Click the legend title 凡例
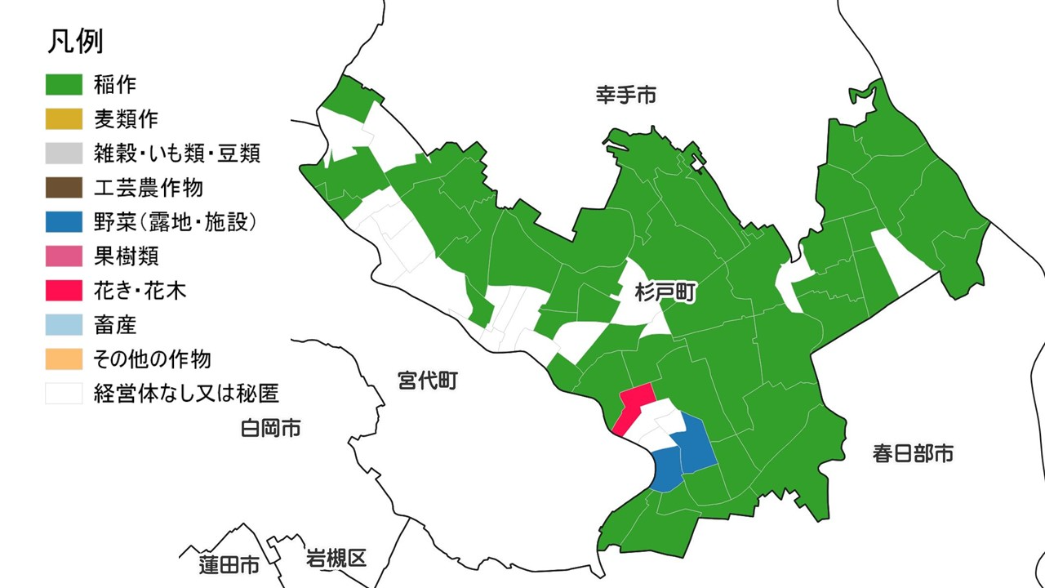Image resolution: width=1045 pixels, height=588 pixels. [x=75, y=42]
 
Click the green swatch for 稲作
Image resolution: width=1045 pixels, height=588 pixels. [x=64, y=84]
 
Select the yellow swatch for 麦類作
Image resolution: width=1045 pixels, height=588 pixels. [x=64, y=118]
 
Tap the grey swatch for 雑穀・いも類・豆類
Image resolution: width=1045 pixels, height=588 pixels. [x=64, y=153]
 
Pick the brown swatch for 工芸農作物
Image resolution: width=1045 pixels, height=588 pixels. [x=64, y=187]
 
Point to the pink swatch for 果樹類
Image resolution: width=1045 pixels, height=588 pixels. [x=64, y=256]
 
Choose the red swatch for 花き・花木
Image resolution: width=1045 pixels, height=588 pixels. [x=64, y=291]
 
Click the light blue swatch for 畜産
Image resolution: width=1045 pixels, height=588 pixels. [x=64, y=325]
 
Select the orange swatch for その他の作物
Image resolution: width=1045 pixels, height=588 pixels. [x=64, y=359]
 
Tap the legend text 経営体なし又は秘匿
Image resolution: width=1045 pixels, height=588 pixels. [x=186, y=394]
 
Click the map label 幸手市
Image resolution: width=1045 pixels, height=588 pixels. [x=625, y=96]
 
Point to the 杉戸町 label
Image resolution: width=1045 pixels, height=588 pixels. [x=665, y=293]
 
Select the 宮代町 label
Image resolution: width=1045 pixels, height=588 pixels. [x=428, y=380]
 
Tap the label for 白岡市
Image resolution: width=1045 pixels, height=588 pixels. [x=270, y=427]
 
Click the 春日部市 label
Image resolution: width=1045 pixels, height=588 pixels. [x=913, y=454]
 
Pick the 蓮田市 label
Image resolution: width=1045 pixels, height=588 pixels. [x=229, y=564]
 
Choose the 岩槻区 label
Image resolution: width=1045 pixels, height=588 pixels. [x=336, y=559]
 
